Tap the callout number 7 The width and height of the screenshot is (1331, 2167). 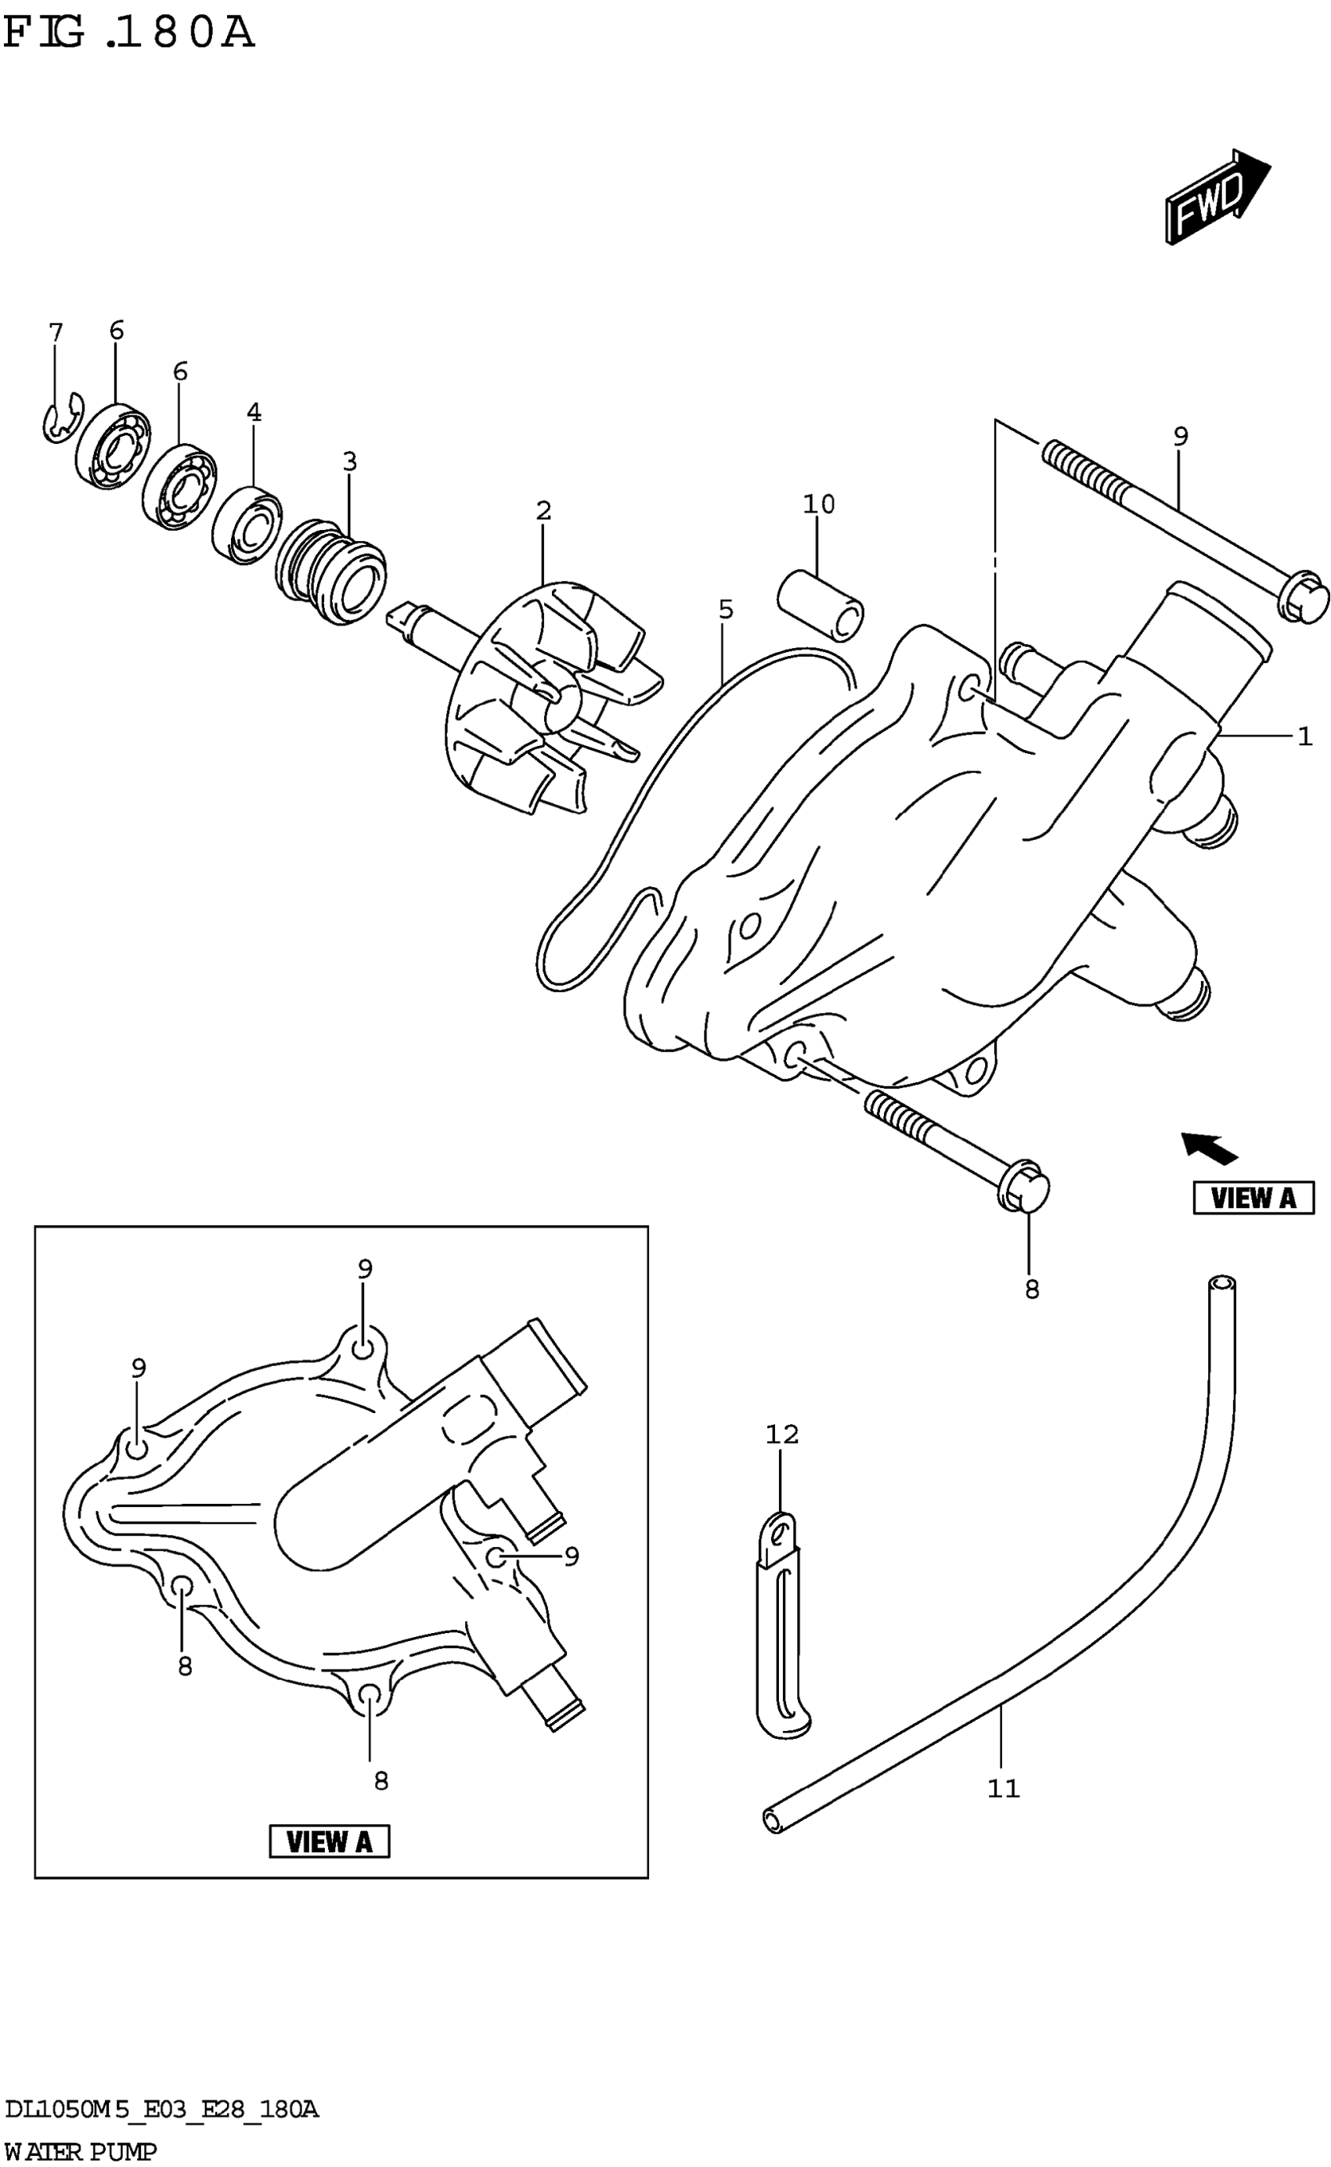[56, 333]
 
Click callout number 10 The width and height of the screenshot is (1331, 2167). [819, 504]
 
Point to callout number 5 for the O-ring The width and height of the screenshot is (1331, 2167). [725, 609]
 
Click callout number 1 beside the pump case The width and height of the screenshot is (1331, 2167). [1304, 736]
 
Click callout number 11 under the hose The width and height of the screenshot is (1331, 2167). [1003, 1789]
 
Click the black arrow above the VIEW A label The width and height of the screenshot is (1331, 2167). [1210, 1146]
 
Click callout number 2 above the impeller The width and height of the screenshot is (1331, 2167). [543, 510]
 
